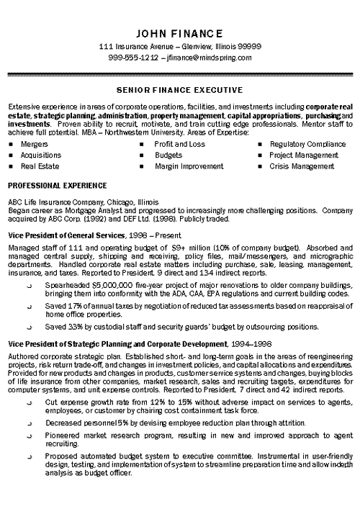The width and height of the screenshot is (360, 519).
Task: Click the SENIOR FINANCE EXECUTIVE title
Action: click(179, 91)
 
